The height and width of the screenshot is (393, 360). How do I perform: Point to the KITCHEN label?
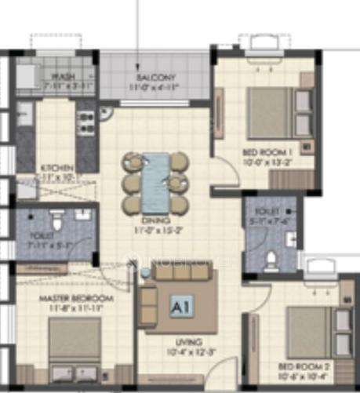click(x=37, y=168)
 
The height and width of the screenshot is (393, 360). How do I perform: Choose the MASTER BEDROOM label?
click(x=76, y=299)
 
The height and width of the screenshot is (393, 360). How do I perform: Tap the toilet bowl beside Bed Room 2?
click(x=269, y=257)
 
